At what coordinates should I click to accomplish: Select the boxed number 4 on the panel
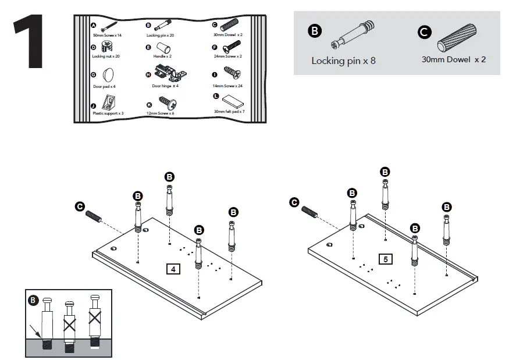pos(173,269)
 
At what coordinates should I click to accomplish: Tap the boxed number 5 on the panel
pos(385,259)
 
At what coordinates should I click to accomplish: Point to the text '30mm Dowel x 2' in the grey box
pos(454,59)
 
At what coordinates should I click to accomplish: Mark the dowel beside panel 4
pos(95,218)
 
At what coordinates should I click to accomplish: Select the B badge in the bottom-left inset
pos(33,301)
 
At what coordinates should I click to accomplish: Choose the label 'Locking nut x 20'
pos(106,57)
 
